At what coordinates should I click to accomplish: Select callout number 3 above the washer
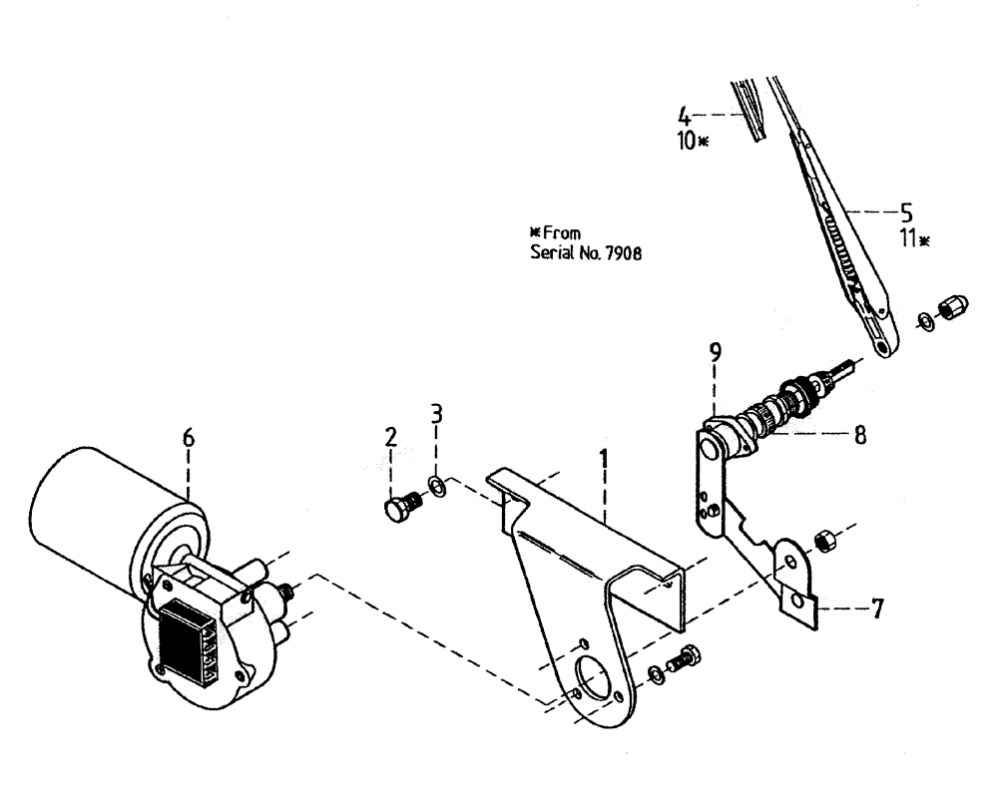[434, 412]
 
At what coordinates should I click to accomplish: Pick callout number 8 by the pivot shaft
[858, 435]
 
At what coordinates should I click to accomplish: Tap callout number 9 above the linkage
[716, 352]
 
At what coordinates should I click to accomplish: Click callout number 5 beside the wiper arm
[906, 211]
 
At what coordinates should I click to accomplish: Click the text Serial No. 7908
[585, 252]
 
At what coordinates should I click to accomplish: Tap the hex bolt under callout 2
[399, 509]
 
